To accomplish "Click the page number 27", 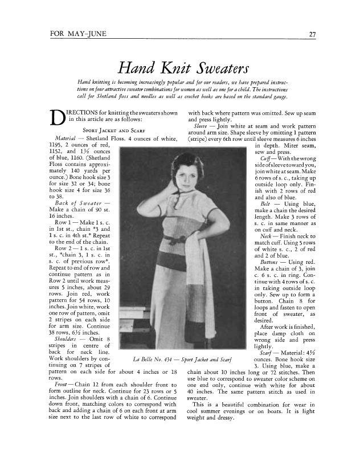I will [x=312, y=35].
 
